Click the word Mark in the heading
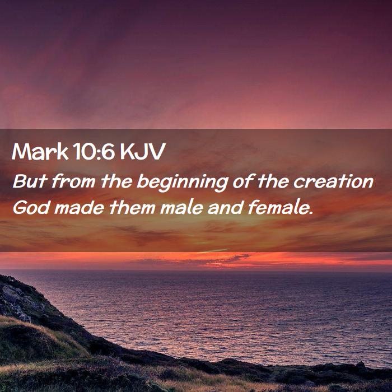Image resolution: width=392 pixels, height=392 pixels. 40,152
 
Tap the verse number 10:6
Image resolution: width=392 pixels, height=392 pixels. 94,152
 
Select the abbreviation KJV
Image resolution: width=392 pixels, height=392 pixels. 143,152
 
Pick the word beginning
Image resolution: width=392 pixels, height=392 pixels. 183,183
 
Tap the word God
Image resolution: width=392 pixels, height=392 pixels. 31,208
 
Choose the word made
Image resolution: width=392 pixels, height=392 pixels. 80,208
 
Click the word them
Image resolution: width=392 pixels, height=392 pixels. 132,208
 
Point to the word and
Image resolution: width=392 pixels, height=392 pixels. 226,208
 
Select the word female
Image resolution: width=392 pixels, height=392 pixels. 278,208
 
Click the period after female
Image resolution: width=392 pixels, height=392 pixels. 311,213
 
